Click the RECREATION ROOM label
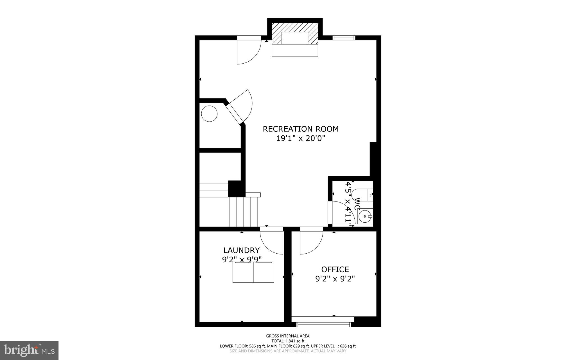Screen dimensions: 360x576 (x=300, y=129)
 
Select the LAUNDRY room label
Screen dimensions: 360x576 (x=241, y=250)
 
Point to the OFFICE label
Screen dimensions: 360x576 (x=335, y=269)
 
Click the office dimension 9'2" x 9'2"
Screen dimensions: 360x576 (x=335, y=279)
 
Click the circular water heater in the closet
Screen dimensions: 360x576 (x=209, y=114)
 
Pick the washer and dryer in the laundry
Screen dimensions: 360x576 (x=253, y=272)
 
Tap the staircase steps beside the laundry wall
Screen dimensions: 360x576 (x=243, y=212)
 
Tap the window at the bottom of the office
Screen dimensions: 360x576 (x=323, y=325)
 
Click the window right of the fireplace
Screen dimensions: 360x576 (x=344, y=38)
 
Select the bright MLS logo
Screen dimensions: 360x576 (x=29, y=350)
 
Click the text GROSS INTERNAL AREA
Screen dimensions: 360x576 (x=288, y=336)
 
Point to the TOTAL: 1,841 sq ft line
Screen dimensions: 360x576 (x=288, y=341)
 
